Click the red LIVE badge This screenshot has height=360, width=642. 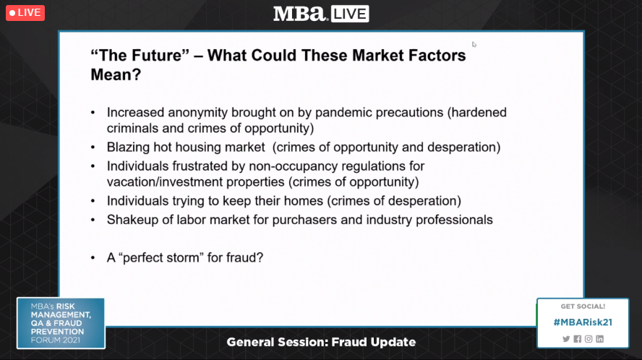[25, 13]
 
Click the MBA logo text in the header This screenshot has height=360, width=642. [300, 14]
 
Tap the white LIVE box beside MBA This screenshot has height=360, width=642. [350, 14]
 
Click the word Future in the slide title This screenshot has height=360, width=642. [155, 55]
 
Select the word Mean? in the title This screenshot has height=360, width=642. [116, 74]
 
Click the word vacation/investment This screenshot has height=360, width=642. [165, 182]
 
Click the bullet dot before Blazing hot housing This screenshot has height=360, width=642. [93, 147]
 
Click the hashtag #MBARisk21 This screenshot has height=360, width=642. [583, 322]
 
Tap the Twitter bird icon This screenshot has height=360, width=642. [566, 339]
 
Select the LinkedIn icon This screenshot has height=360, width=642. [600, 339]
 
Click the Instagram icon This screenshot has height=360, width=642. [588, 339]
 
